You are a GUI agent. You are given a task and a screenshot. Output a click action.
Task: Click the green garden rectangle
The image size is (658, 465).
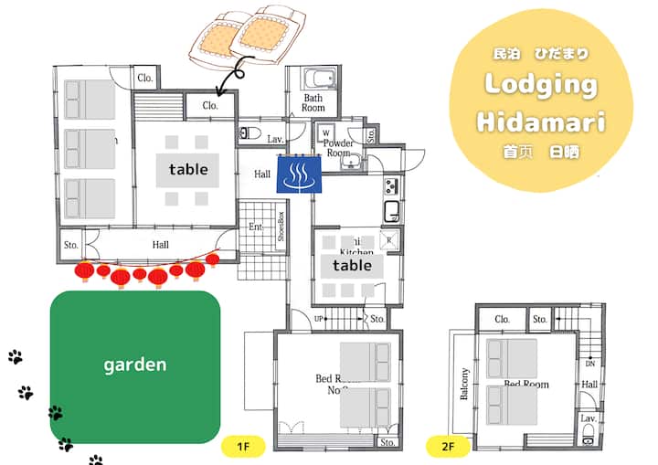coord(135,366)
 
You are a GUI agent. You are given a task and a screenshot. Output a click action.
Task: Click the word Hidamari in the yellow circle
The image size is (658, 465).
coord(541,122)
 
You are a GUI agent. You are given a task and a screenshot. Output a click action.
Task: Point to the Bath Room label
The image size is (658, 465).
coord(313,102)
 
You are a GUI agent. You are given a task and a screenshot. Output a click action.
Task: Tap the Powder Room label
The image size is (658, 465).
coord(339,148)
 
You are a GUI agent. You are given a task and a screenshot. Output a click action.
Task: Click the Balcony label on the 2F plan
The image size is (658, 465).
coord(465,385)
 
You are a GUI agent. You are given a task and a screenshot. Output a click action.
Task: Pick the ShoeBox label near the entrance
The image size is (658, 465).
coord(281,227)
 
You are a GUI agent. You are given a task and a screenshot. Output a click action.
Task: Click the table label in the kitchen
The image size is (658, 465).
coord(352,266)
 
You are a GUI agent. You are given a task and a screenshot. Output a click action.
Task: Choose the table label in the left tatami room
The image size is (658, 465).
coord(188,169)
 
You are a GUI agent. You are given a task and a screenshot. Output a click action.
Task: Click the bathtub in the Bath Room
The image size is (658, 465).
coord(313,76)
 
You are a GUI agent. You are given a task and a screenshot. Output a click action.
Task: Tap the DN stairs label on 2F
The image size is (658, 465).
coord(590,363)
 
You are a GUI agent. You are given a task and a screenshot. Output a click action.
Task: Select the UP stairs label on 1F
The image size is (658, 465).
coord(319,319)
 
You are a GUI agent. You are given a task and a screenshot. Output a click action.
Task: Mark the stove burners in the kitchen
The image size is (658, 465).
coord(391,186)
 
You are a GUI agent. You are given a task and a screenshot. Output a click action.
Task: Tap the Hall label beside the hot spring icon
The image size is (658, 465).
coord(262,174)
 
